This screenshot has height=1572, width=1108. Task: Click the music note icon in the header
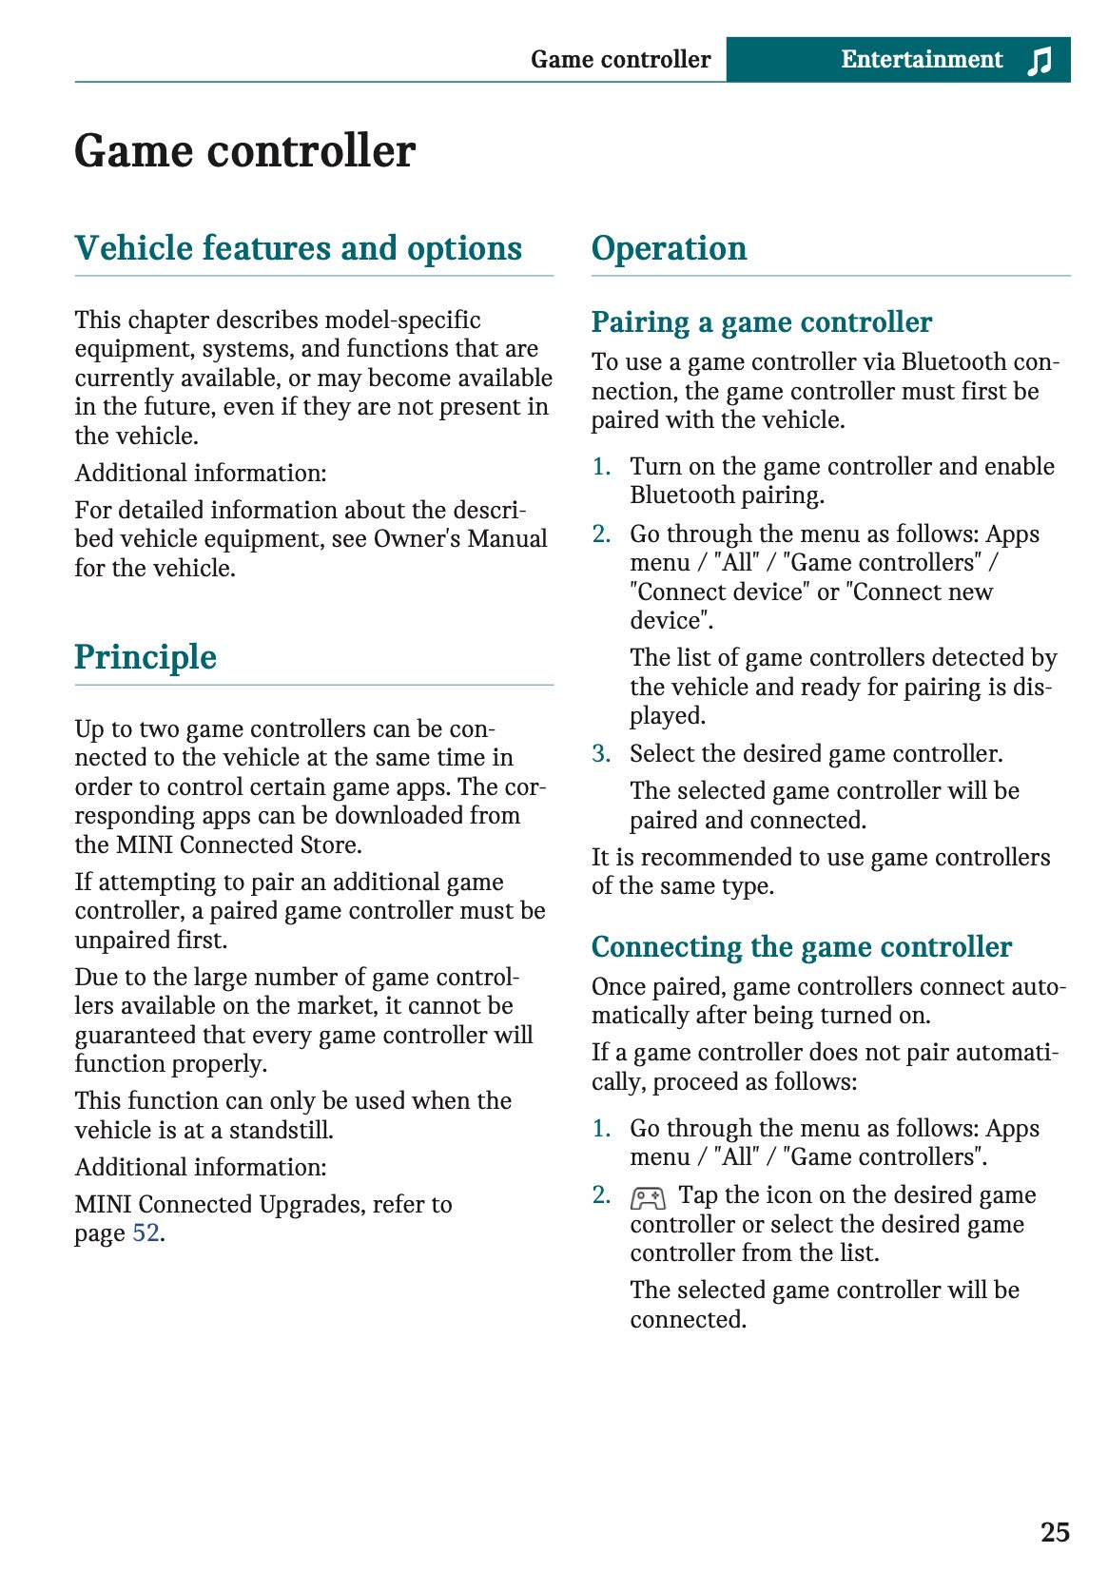tap(1040, 61)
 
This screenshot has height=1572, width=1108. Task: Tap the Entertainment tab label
tap(921, 60)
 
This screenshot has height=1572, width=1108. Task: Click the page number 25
tap(1055, 1532)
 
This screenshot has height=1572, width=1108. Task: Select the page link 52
tap(146, 1233)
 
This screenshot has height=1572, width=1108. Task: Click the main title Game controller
tap(244, 151)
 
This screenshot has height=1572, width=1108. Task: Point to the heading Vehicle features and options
tap(298, 248)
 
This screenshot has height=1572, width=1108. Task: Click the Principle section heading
tap(146, 657)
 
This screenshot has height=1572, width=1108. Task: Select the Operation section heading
tap(669, 248)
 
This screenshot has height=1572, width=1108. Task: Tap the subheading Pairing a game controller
tap(761, 322)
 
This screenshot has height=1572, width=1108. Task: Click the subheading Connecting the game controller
tap(801, 947)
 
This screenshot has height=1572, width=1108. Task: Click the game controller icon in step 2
tap(648, 1197)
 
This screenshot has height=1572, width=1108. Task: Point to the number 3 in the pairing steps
tap(600, 754)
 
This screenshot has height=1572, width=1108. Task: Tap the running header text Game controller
tap(620, 60)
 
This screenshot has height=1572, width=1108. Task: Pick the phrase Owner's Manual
tap(460, 539)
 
